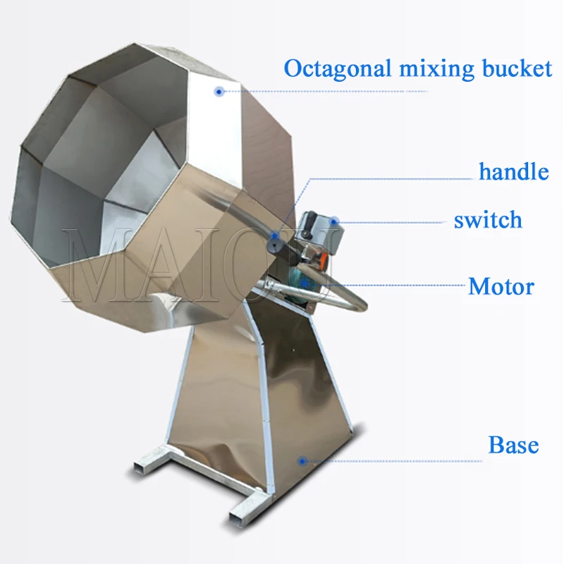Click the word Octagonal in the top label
click(x=329, y=68)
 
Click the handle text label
click(x=513, y=171)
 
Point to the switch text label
click(x=488, y=220)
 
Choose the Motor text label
click(x=501, y=287)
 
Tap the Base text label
click(x=513, y=446)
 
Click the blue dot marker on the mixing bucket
click(x=219, y=91)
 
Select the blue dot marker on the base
click(x=302, y=461)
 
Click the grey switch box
click(x=319, y=226)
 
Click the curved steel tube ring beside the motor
click(x=352, y=300)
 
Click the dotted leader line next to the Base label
click(x=395, y=461)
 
